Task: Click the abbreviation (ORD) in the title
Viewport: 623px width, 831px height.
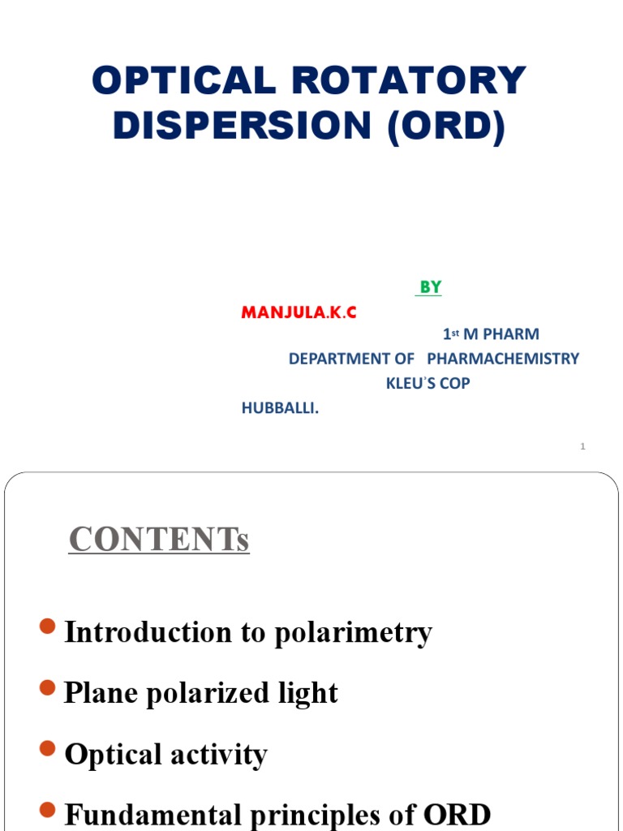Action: pos(446,127)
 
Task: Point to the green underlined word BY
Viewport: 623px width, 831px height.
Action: pos(430,287)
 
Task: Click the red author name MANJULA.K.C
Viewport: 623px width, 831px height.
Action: pos(299,312)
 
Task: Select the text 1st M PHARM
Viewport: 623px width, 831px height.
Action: pos(491,334)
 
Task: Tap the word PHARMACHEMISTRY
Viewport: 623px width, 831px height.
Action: pos(503,359)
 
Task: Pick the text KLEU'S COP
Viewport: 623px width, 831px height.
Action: pos(428,383)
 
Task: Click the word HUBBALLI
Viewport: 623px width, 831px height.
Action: pos(280,408)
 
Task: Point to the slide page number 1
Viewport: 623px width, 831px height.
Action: pos(582,446)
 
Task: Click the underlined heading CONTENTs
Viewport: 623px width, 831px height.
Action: pos(159,539)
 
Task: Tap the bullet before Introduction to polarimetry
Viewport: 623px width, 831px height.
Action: pos(48,626)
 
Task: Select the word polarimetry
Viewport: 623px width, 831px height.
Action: pos(353,633)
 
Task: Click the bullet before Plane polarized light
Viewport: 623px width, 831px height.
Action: pos(48,688)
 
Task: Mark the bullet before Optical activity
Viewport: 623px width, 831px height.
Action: pos(48,749)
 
